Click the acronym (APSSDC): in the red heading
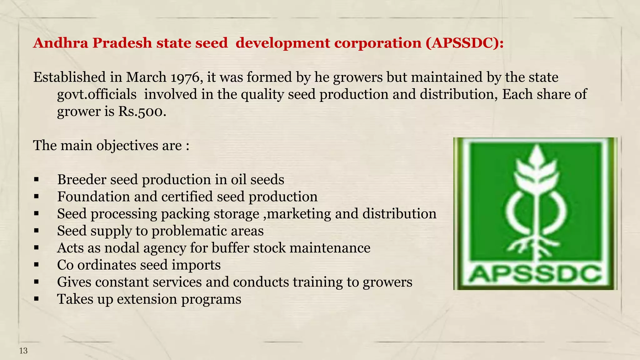pyautogui.click(x=464, y=43)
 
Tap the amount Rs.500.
pyautogui.click(x=142, y=112)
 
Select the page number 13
pyautogui.click(x=23, y=351)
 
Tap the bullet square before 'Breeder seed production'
pyautogui.click(x=37, y=180)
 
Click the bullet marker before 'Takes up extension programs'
pyautogui.click(x=37, y=299)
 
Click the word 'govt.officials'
pyautogui.click(x=97, y=94)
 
